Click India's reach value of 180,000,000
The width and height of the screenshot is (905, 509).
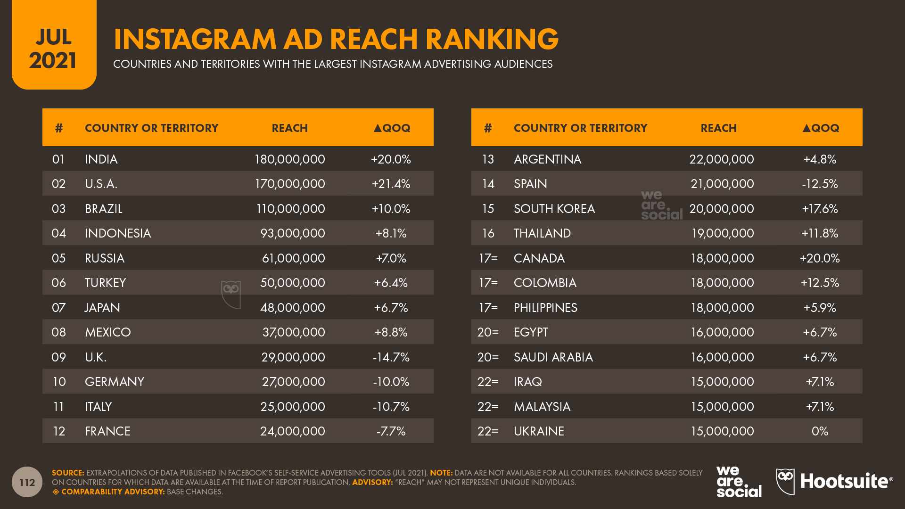[289, 159]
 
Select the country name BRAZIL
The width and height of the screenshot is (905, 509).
[104, 209]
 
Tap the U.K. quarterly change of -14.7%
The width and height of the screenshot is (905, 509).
[391, 357]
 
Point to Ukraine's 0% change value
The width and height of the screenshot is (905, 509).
[820, 431]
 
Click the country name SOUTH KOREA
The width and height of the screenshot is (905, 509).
[554, 209]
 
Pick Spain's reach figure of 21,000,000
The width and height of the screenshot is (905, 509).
[722, 184]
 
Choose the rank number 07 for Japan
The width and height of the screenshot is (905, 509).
[58, 308]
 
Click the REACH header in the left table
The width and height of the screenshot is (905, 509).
[289, 128]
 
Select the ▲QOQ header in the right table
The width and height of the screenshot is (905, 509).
[821, 128]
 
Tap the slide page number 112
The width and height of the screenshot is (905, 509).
[27, 482]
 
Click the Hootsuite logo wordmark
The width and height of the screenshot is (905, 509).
[846, 481]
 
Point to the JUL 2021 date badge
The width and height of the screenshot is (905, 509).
[54, 49]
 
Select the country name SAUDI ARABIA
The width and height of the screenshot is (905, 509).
[553, 357]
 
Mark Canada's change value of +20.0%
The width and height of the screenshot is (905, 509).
[820, 258]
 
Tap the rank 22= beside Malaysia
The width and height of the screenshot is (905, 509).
[488, 407]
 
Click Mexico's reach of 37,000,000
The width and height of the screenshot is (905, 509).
[293, 332]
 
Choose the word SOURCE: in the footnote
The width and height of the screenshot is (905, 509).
[68, 473]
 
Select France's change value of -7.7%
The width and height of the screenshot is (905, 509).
[391, 431]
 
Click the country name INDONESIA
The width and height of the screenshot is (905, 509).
[118, 233]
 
